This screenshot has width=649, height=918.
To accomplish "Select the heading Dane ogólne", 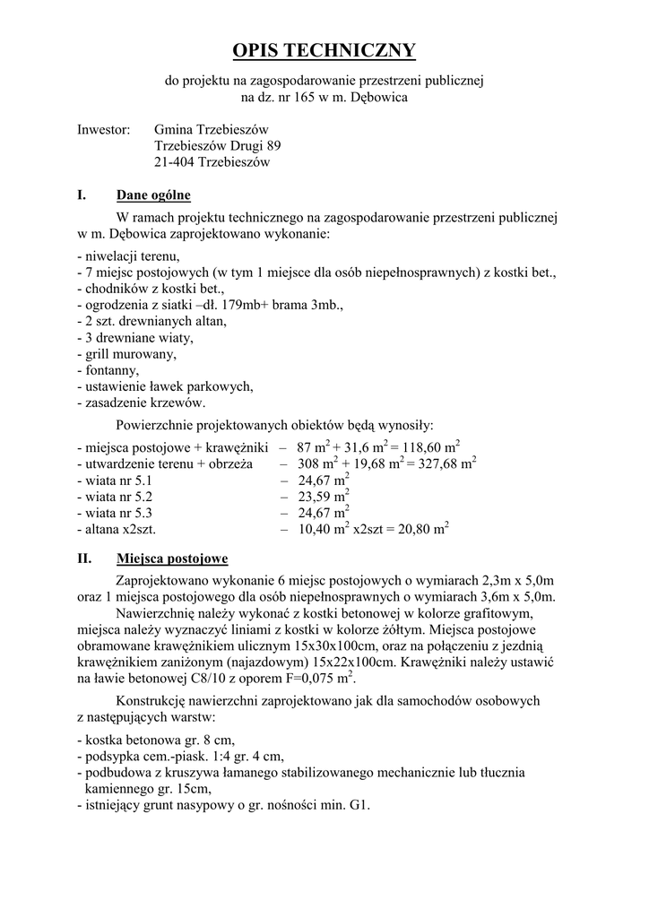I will (153, 195).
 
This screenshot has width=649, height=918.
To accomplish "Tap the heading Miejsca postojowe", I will (172, 559).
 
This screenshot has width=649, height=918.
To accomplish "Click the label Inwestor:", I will (104, 130).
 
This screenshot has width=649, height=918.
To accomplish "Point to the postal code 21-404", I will (174, 162).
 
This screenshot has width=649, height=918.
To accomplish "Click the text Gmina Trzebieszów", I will (212, 130).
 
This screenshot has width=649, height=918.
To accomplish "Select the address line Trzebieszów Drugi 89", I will (218, 146).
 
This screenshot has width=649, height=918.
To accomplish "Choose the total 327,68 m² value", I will (441, 463).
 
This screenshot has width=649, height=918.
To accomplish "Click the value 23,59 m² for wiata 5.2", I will (324, 496).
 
